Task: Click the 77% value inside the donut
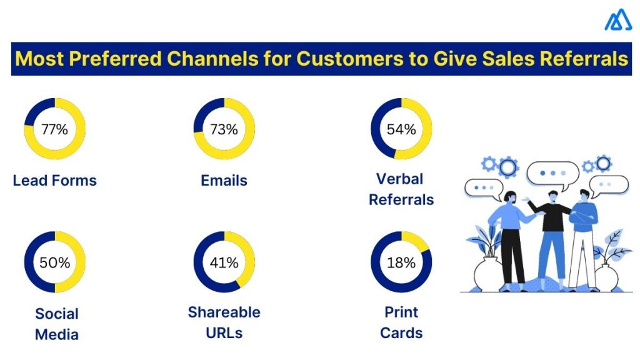(54, 129)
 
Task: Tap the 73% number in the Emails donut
(224, 129)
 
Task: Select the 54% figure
(401, 129)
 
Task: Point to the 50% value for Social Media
(54, 262)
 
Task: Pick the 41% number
(224, 262)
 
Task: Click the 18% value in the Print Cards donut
(401, 262)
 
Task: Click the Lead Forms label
(55, 181)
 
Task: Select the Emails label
(224, 181)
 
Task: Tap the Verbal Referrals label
(401, 189)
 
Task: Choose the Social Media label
(56, 324)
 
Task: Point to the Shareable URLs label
(224, 322)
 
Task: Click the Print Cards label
(401, 322)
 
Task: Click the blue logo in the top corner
(617, 20)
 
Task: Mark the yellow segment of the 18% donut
(416, 241)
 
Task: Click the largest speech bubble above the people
(552, 173)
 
